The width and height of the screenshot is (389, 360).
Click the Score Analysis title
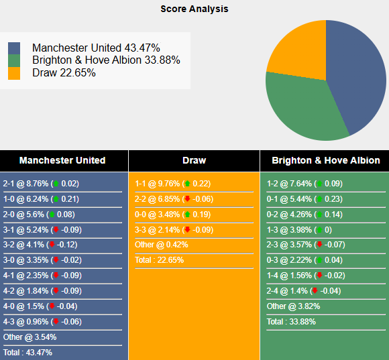tap(194, 9)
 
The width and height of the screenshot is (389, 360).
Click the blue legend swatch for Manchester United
tap(14, 49)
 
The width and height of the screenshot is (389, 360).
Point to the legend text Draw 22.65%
tap(64, 72)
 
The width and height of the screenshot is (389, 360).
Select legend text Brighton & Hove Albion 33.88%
tap(106, 60)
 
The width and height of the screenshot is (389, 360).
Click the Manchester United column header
tap(62, 160)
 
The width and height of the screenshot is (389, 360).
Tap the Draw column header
tap(194, 160)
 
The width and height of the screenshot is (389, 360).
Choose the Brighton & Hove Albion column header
tap(325, 160)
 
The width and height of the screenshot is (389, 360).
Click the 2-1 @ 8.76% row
tap(41, 183)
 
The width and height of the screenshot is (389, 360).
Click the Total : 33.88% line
tap(291, 321)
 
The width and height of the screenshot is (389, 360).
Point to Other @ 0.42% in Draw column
tap(162, 245)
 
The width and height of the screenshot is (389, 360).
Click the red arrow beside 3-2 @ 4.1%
tap(52, 245)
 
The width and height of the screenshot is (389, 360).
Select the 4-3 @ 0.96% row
tap(41, 321)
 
